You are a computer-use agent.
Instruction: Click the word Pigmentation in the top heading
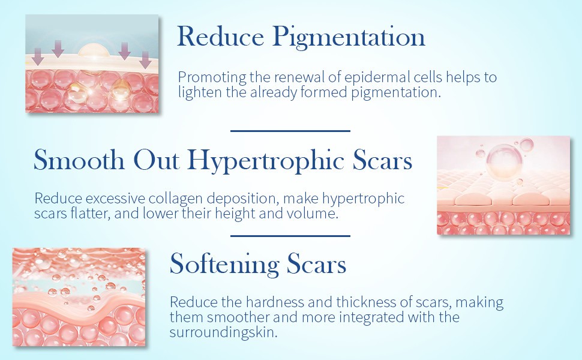tap(349, 37)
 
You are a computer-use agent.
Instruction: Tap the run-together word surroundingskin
tap(223, 332)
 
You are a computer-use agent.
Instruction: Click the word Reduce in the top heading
tap(220, 37)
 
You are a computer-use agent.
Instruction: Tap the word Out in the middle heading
tap(156, 160)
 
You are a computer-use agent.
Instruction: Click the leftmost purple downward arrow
tap(37, 56)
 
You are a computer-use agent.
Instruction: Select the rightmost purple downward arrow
tap(145, 60)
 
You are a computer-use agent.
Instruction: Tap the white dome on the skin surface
tap(94, 51)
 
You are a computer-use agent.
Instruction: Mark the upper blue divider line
tap(290, 131)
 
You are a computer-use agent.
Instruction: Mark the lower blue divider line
tap(290, 236)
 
